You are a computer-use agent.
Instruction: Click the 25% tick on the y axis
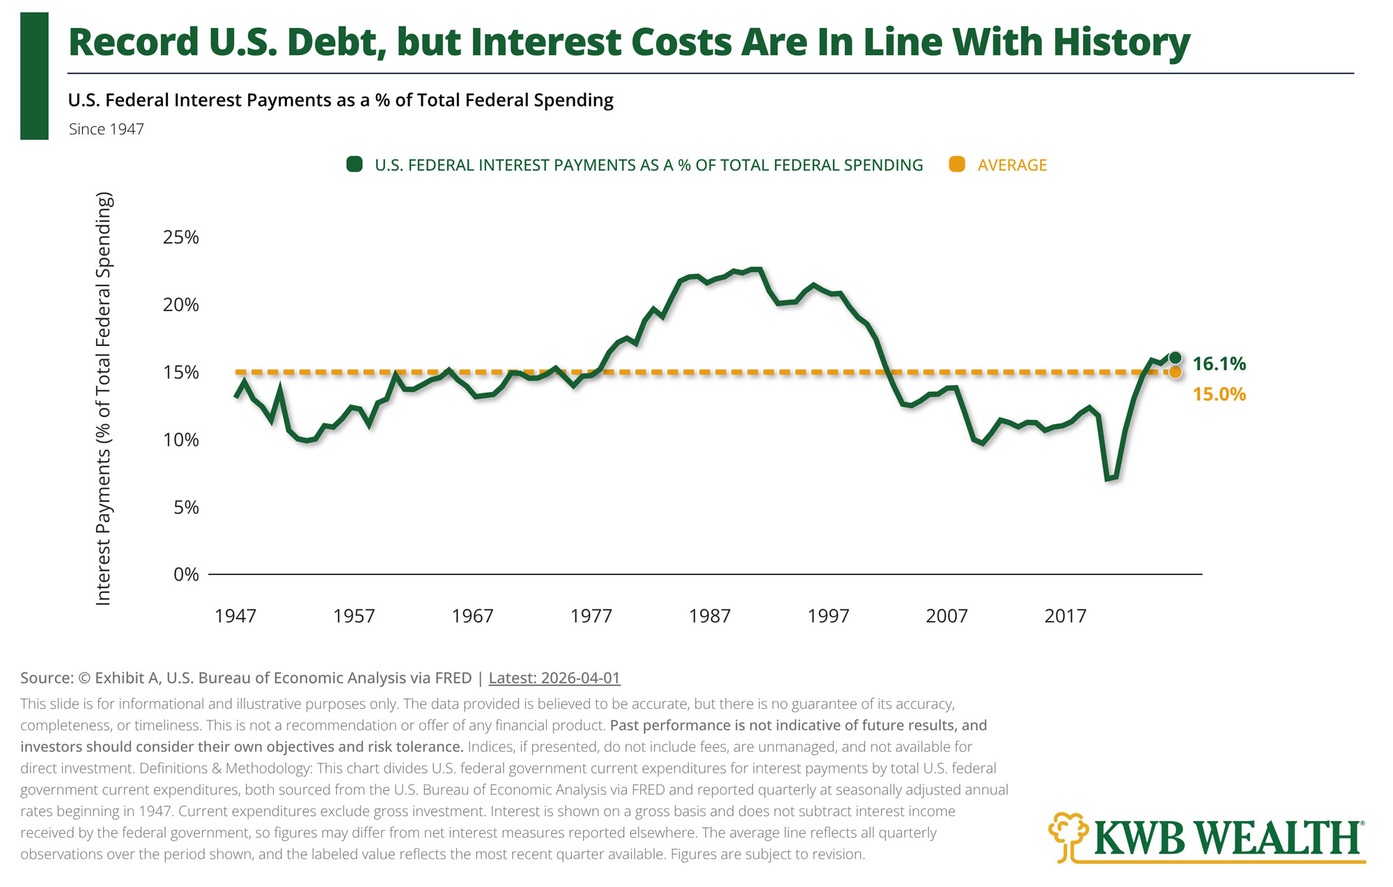coord(181,237)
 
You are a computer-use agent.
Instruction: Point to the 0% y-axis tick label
coord(186,574)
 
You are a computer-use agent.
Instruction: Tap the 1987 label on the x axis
coord(710,616)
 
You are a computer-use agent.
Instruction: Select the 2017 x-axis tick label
coord(1066,616)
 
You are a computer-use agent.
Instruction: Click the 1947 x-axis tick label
coord(235,616)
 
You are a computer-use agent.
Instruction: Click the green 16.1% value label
coord(1219,363)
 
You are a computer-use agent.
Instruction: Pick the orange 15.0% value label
coord(1219,394)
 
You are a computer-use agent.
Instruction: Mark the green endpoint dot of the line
coord(1175,358)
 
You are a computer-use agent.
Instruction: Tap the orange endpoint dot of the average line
coord(1175,372)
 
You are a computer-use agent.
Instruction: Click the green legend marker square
coord(355,164)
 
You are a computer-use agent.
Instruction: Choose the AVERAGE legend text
coord(1012,165)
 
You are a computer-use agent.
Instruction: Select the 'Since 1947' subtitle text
coord(107,129)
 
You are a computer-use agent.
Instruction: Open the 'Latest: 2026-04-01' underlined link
coord(554,678)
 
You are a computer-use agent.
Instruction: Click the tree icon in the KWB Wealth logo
coord(1068,836)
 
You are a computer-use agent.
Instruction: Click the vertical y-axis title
coord(103,399)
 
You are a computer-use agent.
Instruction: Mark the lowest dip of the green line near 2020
coord(1107,479)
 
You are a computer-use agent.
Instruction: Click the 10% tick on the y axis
coord(181,440)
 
